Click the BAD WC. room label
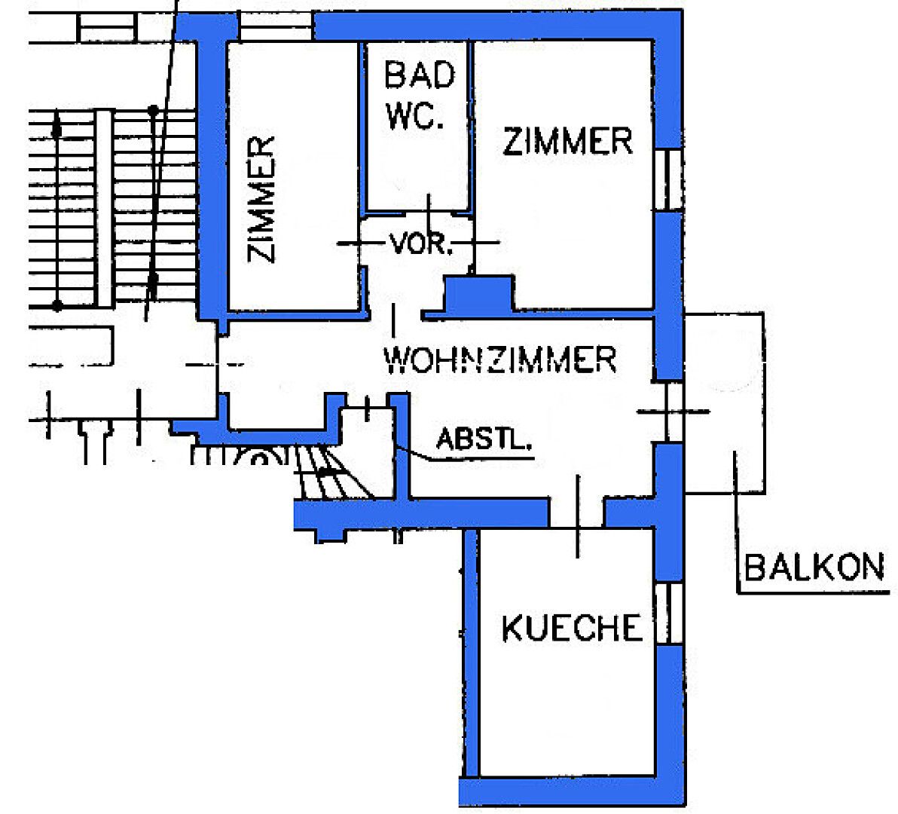420,95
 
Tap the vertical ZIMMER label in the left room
262,199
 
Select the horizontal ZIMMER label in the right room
567,142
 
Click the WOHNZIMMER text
500,360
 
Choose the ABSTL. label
484,439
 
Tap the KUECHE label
572,628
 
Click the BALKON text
814,567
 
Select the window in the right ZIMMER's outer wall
667,179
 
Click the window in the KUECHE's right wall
668,613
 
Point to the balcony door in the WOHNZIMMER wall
673,412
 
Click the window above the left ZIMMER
276,27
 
